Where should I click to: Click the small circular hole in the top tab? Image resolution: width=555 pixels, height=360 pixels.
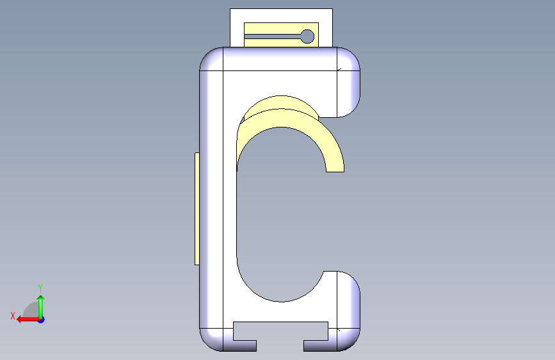click(x=307, y=37)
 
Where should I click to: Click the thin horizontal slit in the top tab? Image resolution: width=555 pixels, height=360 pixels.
click(x=273, y=37)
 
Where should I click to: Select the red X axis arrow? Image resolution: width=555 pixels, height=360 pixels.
click(x=28, y=320)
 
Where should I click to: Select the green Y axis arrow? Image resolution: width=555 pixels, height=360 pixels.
click(x=41, y=307)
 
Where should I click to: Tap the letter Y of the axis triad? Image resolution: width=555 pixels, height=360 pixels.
click(x=40, y=288)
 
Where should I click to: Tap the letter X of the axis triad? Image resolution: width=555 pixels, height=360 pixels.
click(x=13, y=316)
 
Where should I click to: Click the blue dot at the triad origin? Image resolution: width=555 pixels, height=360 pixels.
click(x=42, y=320)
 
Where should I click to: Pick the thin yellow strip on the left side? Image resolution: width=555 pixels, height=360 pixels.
click(x=197, y=209)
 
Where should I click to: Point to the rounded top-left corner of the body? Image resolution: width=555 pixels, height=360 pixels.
click(x=211, y=59)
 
